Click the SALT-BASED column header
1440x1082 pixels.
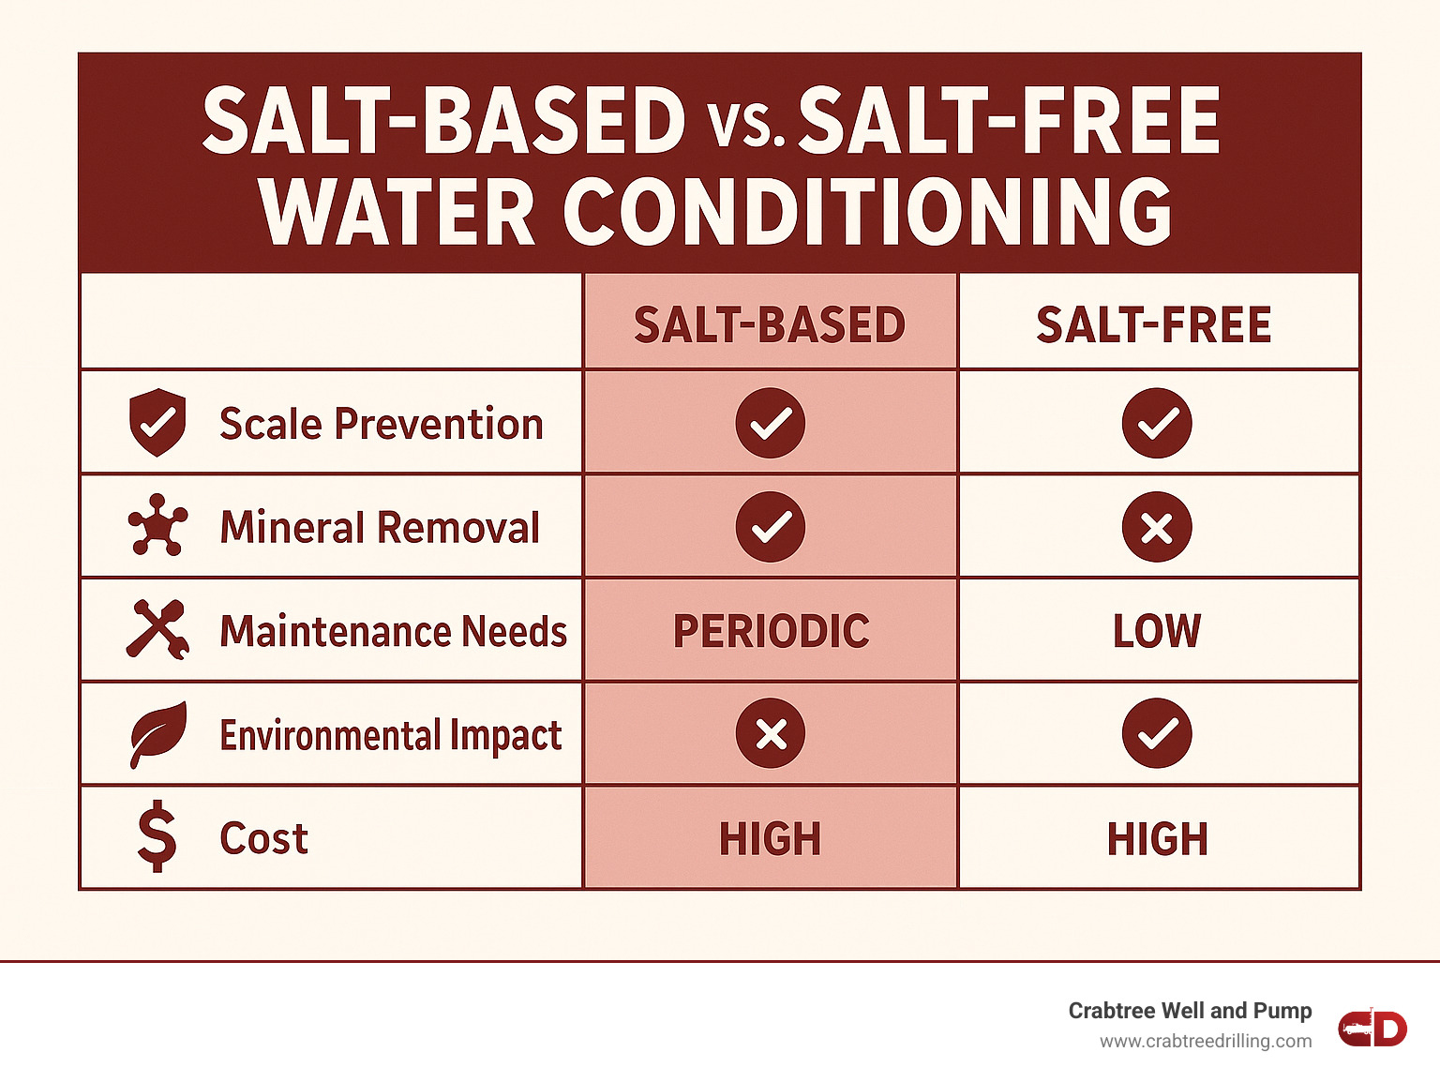[770, 324]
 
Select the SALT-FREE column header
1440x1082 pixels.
[1153, 324]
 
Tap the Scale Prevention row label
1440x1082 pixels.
[381, 424]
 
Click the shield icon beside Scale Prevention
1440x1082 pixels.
[157, 423]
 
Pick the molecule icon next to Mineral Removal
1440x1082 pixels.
[157, 525]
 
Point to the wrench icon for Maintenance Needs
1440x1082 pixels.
[157, 629]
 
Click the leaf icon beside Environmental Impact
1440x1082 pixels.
[157, 733]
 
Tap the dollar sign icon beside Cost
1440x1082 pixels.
[157, 836]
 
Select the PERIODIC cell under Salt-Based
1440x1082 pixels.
[771, 631]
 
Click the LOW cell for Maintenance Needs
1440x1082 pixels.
[1156, 631]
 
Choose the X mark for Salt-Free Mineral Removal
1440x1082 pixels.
[1157, 527]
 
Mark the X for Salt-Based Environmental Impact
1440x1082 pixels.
[771, 733]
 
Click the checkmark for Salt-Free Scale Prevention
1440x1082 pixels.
[1157, 423]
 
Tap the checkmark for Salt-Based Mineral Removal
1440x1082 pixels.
[771, 527]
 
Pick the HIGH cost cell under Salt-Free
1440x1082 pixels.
[1157, 838]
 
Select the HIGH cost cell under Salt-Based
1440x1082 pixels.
[771, 838]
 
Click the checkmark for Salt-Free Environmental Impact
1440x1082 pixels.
[1157, 733]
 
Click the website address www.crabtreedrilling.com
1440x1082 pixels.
[1206, 1041]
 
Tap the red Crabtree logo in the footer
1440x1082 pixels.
[1372, 1028]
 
